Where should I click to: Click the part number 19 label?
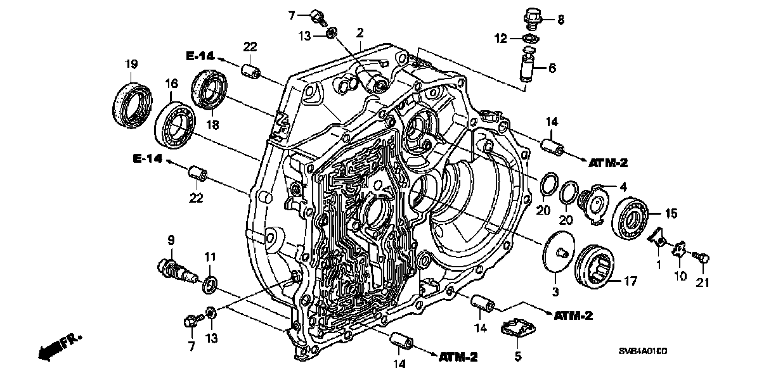(x=131, y=64)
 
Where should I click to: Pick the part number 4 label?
(x=623, y=187)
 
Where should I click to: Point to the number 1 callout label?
(x=659, y=265)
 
